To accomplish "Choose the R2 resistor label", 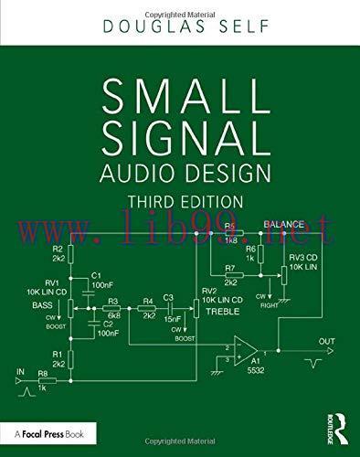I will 57,248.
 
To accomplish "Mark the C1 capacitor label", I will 98,275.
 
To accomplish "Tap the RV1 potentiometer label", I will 52,282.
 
